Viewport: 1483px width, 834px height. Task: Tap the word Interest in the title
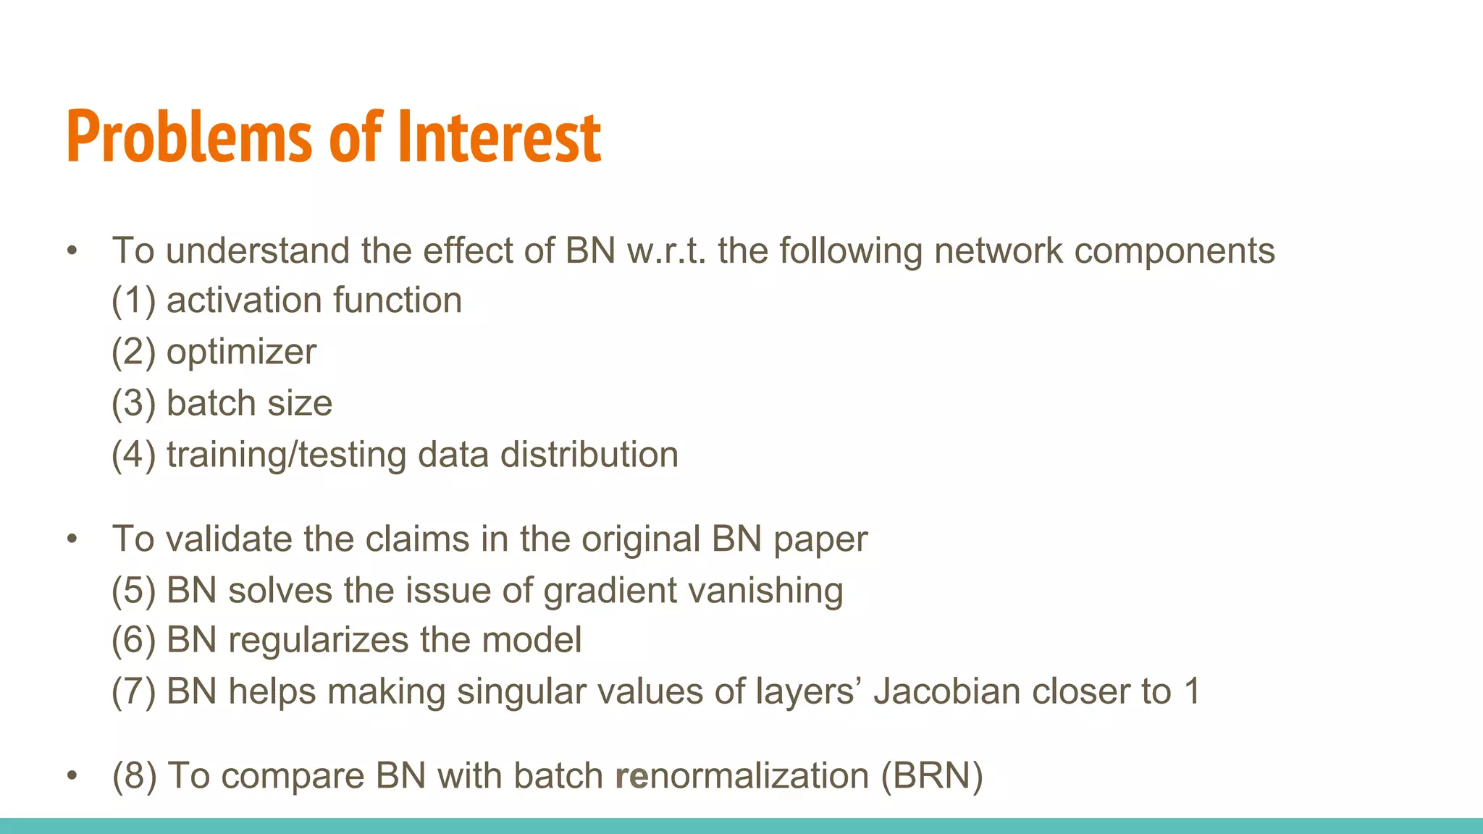500,138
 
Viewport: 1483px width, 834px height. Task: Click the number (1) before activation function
133,300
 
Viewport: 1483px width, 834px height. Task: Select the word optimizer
241,353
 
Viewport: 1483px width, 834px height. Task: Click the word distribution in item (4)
589,455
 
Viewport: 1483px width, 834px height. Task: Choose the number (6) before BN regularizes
133,641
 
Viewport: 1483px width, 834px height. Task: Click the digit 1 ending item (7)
1192,691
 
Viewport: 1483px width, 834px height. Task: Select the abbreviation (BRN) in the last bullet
932,776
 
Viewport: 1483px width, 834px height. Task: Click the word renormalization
741,776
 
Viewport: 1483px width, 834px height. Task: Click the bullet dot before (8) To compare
71,776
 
